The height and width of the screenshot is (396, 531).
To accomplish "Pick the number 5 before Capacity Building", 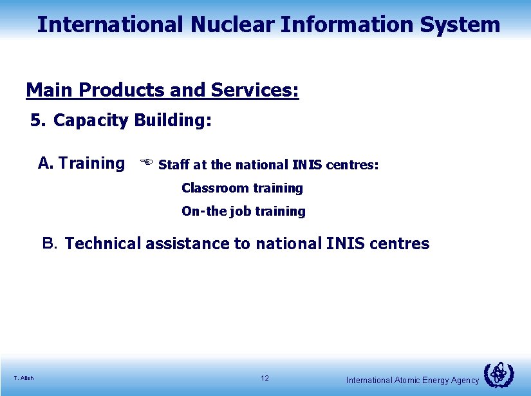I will (x=36, y=120).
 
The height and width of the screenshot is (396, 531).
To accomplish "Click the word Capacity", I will (x=91, y=121).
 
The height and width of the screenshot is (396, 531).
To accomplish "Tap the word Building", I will (x=172, y=120).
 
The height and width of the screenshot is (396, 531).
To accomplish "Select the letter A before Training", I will (x=45, y=163).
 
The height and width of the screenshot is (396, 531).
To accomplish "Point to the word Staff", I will (x=174, y=165).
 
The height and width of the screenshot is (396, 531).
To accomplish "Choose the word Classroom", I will (x=215, y=188).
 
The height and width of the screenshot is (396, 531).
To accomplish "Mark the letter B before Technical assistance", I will (x=50, y=243).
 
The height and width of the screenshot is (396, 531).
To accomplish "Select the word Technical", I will (x=102, y=243).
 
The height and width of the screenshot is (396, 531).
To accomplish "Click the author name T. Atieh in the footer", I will (x=23, y=378).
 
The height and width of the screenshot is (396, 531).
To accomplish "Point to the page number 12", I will (x=265, y=378).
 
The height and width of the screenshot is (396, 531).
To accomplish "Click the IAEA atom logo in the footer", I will (x=498, y=375).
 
